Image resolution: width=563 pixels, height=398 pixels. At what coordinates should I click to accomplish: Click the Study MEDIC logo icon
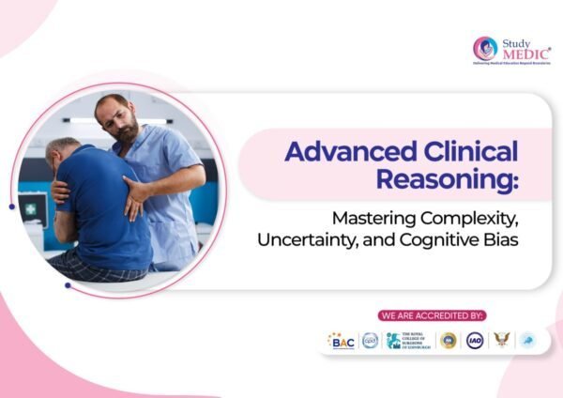point(484,48)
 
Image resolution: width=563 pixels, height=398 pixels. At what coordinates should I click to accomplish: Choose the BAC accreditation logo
point(341,341)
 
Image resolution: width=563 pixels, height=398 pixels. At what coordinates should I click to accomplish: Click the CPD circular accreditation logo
point(370,341)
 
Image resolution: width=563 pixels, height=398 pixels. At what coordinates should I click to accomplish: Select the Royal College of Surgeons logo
point(408,341)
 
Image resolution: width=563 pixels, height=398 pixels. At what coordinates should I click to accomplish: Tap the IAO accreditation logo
point(476,341)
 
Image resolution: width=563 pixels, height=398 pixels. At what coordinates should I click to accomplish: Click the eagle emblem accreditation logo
point(502,341)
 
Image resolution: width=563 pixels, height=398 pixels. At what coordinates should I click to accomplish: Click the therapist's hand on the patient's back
point(136,191)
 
